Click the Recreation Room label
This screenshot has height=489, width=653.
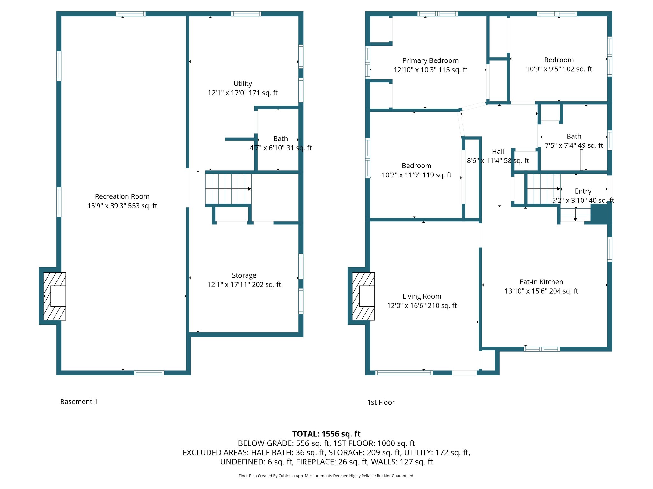pyautogui.click(x=122, y=196)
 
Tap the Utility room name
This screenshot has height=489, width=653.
pyautogui.click(x=243, y=83)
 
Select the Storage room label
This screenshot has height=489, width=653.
pyautogui.click(x=244, y=275)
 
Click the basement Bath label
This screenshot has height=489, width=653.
pyautogui.click(x=281, y=138)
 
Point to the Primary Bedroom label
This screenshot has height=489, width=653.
pyautogui.click(x=430, y=60)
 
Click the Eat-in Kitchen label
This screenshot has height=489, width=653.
pyautogui.click(x=541, y=282)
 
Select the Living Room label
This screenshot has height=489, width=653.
pyautogui.click(x=422, y=296)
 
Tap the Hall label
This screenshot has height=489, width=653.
pyautogui.click(x=498, y=152)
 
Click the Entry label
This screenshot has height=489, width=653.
pyautogui.click(x=583, y=191)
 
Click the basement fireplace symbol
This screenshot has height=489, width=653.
pyautogui.click(x=55, y=296)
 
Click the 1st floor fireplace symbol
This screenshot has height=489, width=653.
pyautogui.click(x=363, y=296)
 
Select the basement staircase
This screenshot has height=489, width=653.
pyautogui.click(x=228, y=189)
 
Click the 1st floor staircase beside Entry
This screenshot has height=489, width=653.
pyautogui.click(x=543, y=189)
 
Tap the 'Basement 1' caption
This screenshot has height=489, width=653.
pyautogui.click(x=79, y=402)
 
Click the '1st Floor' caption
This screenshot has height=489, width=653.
pyautogui.click(x=381, y=402)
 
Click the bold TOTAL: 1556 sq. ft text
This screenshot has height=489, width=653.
pyautogui.click(x=326, y=434)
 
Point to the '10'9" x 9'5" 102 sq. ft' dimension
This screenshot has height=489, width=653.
pyautogui.click(x=559, y=69)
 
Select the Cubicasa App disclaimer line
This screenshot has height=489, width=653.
pyautogui.click(x=326, y=476)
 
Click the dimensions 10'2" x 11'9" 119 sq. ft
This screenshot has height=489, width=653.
pyautogui.click(x=416, y=175)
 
